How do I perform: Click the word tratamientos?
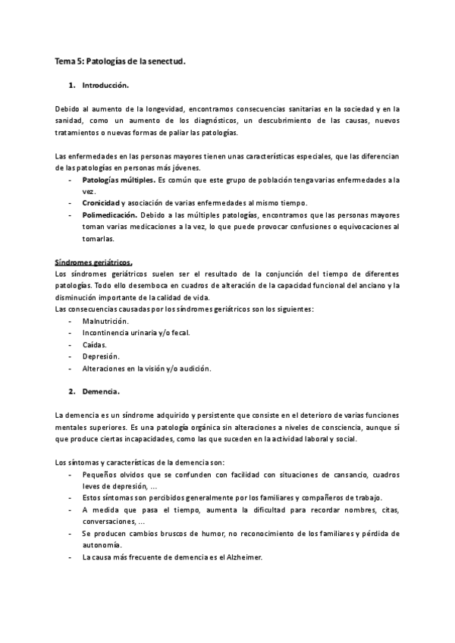(77, 133)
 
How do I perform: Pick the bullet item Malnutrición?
(105, 321)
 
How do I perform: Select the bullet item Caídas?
(94, 345)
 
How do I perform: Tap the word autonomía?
(102, 545)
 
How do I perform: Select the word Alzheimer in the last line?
(242, 557)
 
